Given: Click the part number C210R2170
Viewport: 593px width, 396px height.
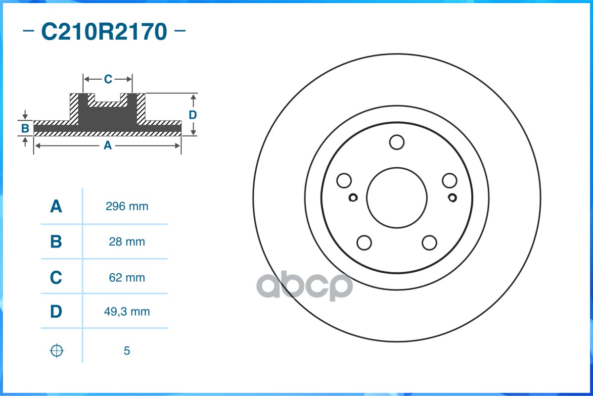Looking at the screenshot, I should (x=104, y=32).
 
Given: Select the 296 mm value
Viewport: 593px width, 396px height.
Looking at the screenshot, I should (x=127, y=206).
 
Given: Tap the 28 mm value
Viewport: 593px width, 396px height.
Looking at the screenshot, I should (x=127, y=242).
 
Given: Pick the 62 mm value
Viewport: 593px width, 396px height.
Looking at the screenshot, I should (x=127, y=278).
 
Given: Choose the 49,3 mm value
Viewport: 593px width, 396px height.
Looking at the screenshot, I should (x=127, y=312).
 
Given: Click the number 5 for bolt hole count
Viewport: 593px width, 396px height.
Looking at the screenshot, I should (x=127, y=351).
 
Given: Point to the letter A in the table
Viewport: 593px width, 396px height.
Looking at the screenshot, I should (x=56, y=206).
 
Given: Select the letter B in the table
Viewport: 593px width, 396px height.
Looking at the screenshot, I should (x=56, y=242).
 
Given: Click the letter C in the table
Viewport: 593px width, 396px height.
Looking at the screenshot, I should (x=56, y=278).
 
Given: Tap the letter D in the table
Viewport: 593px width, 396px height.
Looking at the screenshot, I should (x=56, y=312).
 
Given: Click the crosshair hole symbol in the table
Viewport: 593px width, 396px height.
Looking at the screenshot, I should (x=57, y=350).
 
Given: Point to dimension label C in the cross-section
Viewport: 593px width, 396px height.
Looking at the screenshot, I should (x=108, y=79).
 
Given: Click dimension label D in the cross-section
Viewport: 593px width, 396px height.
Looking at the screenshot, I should (x=193, y=115).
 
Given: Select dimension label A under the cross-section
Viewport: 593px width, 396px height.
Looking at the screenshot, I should (x=107, y=146).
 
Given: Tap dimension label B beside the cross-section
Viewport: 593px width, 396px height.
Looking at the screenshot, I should (x=25, y=129).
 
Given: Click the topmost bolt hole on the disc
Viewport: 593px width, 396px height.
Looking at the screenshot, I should (x=397, y=142).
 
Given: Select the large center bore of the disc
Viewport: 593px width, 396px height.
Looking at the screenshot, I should (x=397, y=197).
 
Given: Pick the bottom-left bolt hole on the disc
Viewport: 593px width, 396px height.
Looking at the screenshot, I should (x=364, y=243).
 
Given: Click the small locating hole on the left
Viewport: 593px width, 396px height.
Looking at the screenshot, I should (x=353, y=198).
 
